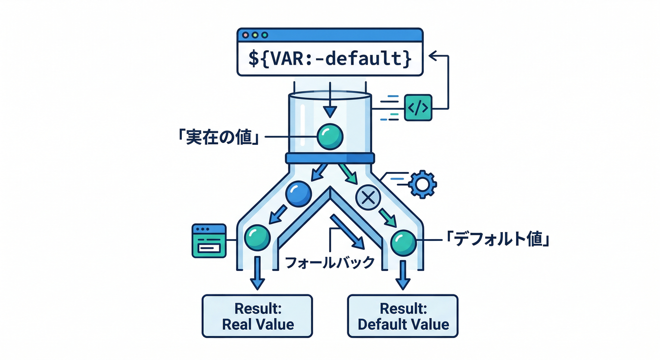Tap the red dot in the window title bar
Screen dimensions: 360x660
pyautogui.click(x=245, y=35)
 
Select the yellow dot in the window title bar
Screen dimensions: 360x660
pyautogui.click(x=255, y=35)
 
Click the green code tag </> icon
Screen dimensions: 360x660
pyautogui.click(x=417, y=108)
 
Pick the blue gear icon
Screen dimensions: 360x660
pyautogui.click(x=422, y=185)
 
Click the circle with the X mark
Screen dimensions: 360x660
pyautogui.click(x=368, y=198)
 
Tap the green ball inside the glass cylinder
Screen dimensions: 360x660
pyautogui.click(x=330, y=136)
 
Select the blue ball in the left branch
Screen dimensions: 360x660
pyautogui.click(x=299, y=194)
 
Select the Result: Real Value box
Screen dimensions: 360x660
pyautogui.click(x=257, y=316)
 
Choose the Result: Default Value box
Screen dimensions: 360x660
pyautogui.click(x=403, y=316)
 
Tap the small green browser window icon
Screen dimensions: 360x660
pyautogui.click(x=209, y=240)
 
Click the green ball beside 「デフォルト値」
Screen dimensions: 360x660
pyautogui.click(x=403, y=242)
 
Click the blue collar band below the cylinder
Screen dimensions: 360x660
pyautogui.click(x=330, y=158)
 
